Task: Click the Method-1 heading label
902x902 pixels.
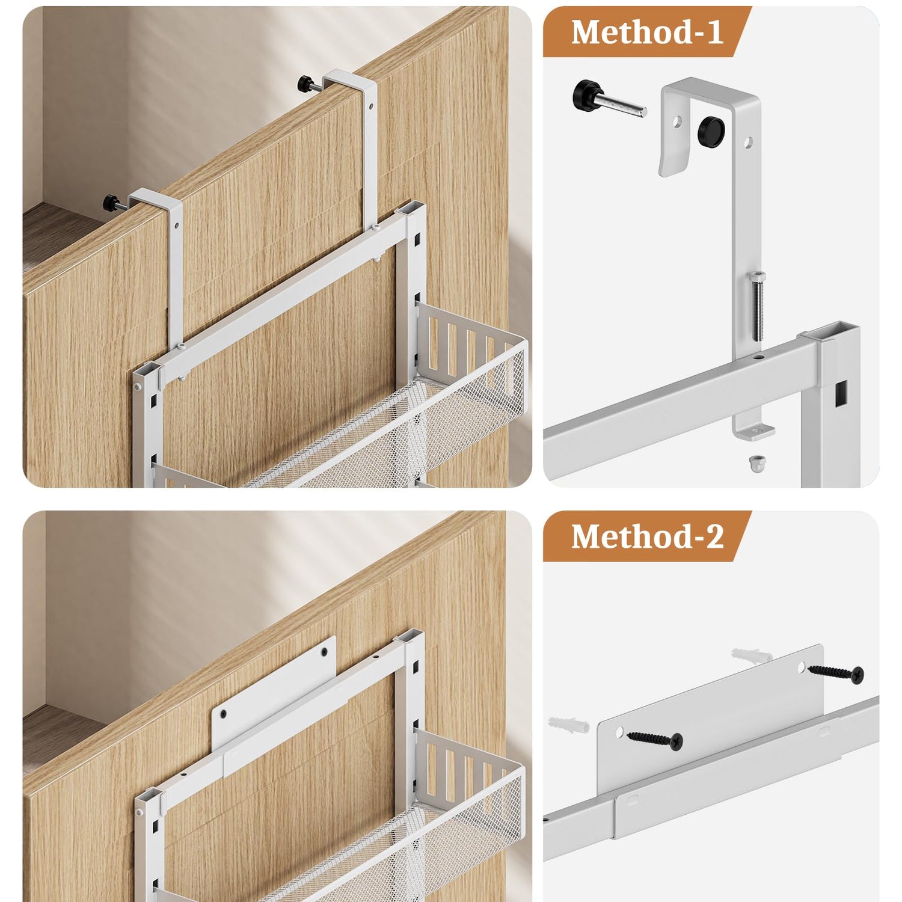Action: [x=647, y=32]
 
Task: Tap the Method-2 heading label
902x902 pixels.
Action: [x=647, y=536]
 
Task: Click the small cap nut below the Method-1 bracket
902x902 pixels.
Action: [x=755, y=464]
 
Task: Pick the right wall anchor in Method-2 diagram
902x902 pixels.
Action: [x=751, y=655]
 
